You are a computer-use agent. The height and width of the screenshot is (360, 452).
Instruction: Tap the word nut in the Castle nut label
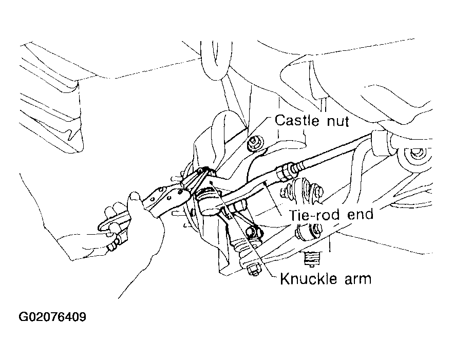pos(337,121)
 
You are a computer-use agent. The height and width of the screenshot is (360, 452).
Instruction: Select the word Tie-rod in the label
pos(314,215)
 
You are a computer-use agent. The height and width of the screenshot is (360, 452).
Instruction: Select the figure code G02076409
pos(52,317)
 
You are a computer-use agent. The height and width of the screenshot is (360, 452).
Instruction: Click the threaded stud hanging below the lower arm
pos(312,257)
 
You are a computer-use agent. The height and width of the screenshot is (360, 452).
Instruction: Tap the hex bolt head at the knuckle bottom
pos(253,270)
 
